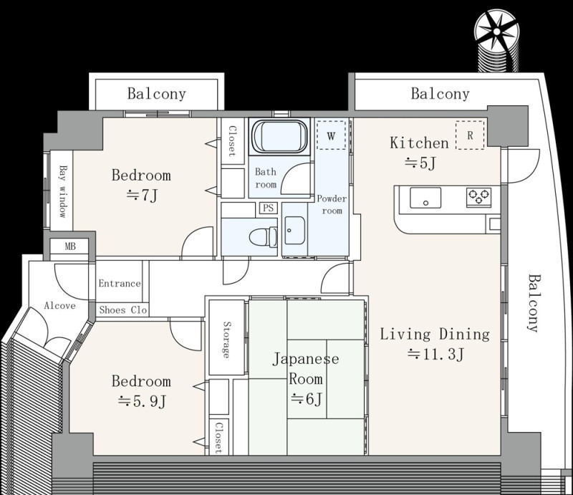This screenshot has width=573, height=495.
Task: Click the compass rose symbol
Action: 496,32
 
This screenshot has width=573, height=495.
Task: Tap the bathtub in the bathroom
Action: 280,136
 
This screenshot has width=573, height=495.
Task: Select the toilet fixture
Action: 264,236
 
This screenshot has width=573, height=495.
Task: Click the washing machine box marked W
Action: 331,135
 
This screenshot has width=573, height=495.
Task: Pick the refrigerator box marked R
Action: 470,135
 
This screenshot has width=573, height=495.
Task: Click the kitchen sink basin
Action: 425,198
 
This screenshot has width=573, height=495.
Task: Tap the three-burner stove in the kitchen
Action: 478,197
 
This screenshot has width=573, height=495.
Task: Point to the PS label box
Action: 268,208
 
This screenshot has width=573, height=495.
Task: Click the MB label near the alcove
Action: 70,246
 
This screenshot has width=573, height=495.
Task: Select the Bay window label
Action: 64,191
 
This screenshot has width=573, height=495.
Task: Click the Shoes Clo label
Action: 122,310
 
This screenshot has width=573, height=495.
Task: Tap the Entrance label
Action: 120,284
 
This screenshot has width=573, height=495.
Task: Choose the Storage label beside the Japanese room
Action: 227,340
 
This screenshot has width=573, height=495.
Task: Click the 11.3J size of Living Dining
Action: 436,354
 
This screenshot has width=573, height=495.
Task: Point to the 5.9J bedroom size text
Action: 142,401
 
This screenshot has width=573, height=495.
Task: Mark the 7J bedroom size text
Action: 142,196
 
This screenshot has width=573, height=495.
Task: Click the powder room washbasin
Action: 294,231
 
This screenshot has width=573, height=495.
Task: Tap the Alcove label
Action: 59,306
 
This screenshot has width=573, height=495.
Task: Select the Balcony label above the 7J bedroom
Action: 156,94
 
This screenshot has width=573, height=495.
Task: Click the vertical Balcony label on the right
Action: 534,303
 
